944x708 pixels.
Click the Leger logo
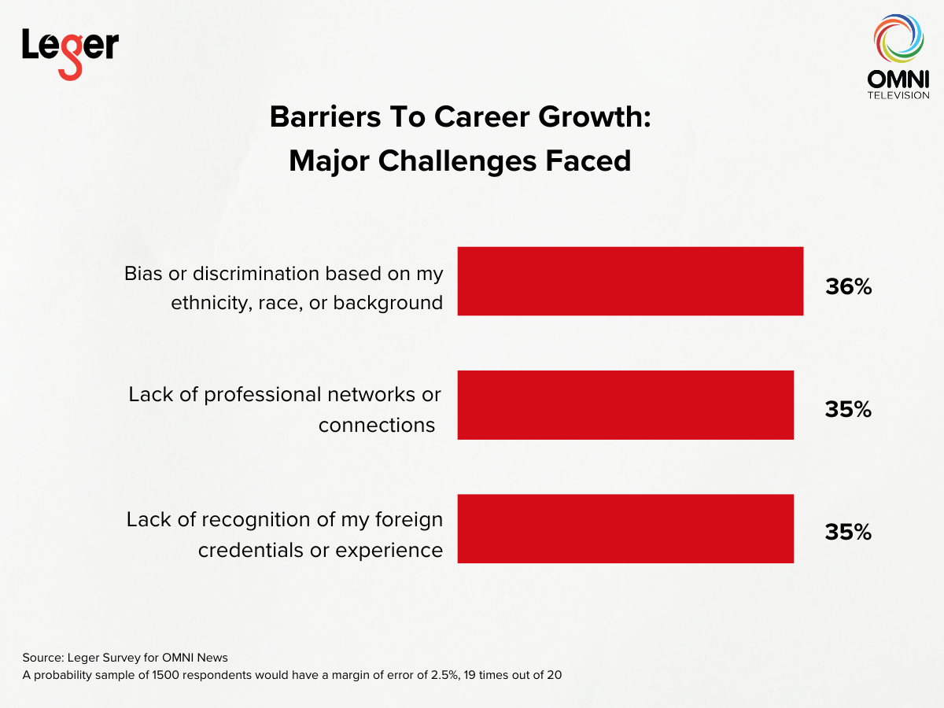pos(71,54)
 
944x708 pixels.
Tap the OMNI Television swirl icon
pos(898,39)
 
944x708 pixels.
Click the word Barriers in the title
pos(325,117)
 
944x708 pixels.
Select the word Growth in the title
pos(595,117)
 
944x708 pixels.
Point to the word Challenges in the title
pos(457,161)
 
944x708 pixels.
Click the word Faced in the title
pos(588,160)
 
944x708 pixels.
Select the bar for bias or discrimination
pos(630,281)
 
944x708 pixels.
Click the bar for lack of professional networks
pos(625,405)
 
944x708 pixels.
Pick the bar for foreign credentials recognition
pos(625,529)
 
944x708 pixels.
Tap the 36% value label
pos(849,286)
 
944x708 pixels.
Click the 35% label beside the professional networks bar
pos(848,409)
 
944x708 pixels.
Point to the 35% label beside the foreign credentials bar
pos(848,533)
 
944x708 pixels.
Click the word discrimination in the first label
pos(256,274)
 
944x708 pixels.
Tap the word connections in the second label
pos(377,425)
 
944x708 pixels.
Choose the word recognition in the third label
pos(256,520)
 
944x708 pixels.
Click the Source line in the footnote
pos(125,658)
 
